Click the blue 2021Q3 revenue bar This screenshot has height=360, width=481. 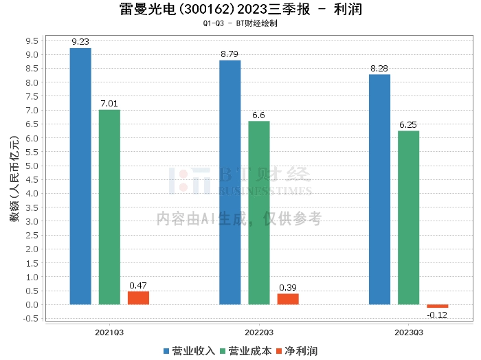(80, 176)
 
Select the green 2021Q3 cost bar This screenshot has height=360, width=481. (109, 207)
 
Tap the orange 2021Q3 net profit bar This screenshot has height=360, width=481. (138, 297)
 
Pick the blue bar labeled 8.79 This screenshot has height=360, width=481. (230, 182)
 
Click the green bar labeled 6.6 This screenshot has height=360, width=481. (259, 212)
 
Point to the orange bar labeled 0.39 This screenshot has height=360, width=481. (288, 299)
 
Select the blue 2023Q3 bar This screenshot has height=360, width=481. (379, 189)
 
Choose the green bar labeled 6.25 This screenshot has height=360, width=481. (408, 217)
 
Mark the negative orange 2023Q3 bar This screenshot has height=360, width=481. (437, 306)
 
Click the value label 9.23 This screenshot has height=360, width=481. (80, 41)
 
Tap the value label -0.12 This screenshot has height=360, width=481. (437, 315)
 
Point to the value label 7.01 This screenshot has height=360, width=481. (109, 103)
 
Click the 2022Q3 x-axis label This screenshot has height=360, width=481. (259, 331)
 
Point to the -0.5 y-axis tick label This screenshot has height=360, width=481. (30, 319)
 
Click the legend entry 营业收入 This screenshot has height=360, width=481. (190, 350)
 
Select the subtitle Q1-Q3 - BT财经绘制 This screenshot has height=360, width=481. (240, 23)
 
